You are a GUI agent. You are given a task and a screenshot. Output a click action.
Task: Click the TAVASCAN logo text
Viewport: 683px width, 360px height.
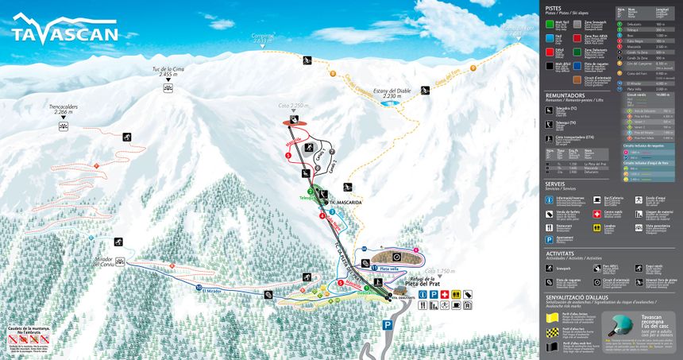pyautogui.click(x=65, y=33)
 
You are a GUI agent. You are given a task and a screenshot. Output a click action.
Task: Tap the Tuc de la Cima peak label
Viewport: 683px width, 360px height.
pyautogui.click(x=168, y=73)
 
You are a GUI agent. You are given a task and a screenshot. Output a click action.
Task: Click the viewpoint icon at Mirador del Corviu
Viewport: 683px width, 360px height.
pyautogui.click(x=120, y=260)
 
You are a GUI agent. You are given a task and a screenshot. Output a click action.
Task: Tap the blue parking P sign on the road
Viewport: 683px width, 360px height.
pyautogui.click(x=387, y=324)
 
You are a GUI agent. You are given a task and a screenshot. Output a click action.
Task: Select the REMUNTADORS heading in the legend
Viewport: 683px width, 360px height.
pyautogui.click(x=565, y=95)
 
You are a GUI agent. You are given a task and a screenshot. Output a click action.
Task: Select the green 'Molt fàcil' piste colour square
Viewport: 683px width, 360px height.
pyautogui.click(x=550, y=23)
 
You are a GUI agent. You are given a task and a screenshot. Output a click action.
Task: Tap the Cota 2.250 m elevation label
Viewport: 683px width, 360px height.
pyautogui.click(x=292, y=106)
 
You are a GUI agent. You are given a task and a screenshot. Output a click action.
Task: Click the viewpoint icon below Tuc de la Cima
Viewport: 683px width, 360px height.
pyautogui.click(x=168, y=87)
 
